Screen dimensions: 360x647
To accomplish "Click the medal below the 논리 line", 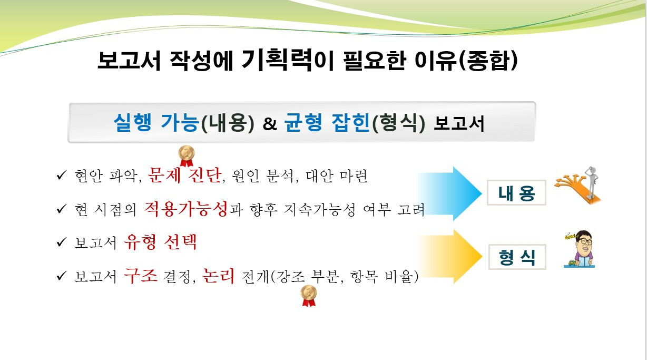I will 308,295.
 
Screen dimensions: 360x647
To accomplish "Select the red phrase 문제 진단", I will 184,175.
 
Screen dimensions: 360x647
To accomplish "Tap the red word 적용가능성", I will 185,209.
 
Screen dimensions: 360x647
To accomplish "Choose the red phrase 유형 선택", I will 160,242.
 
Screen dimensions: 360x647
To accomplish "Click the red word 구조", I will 141,276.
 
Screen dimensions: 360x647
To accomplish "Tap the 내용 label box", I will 516,194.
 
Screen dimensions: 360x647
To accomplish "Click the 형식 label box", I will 517,257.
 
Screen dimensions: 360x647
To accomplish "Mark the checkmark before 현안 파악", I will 61,176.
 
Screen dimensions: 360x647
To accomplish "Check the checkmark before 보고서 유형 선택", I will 61,244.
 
